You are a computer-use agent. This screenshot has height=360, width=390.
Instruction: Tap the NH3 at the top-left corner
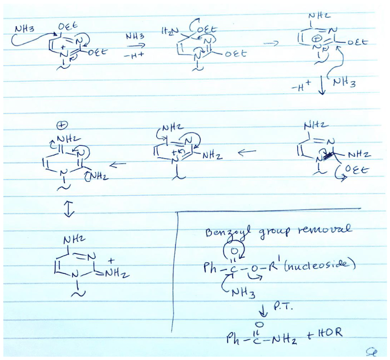pos(24,28)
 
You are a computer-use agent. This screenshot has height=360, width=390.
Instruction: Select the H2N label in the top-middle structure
pos(168,31)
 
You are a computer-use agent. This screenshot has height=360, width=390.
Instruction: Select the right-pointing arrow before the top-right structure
pos(273,43)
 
